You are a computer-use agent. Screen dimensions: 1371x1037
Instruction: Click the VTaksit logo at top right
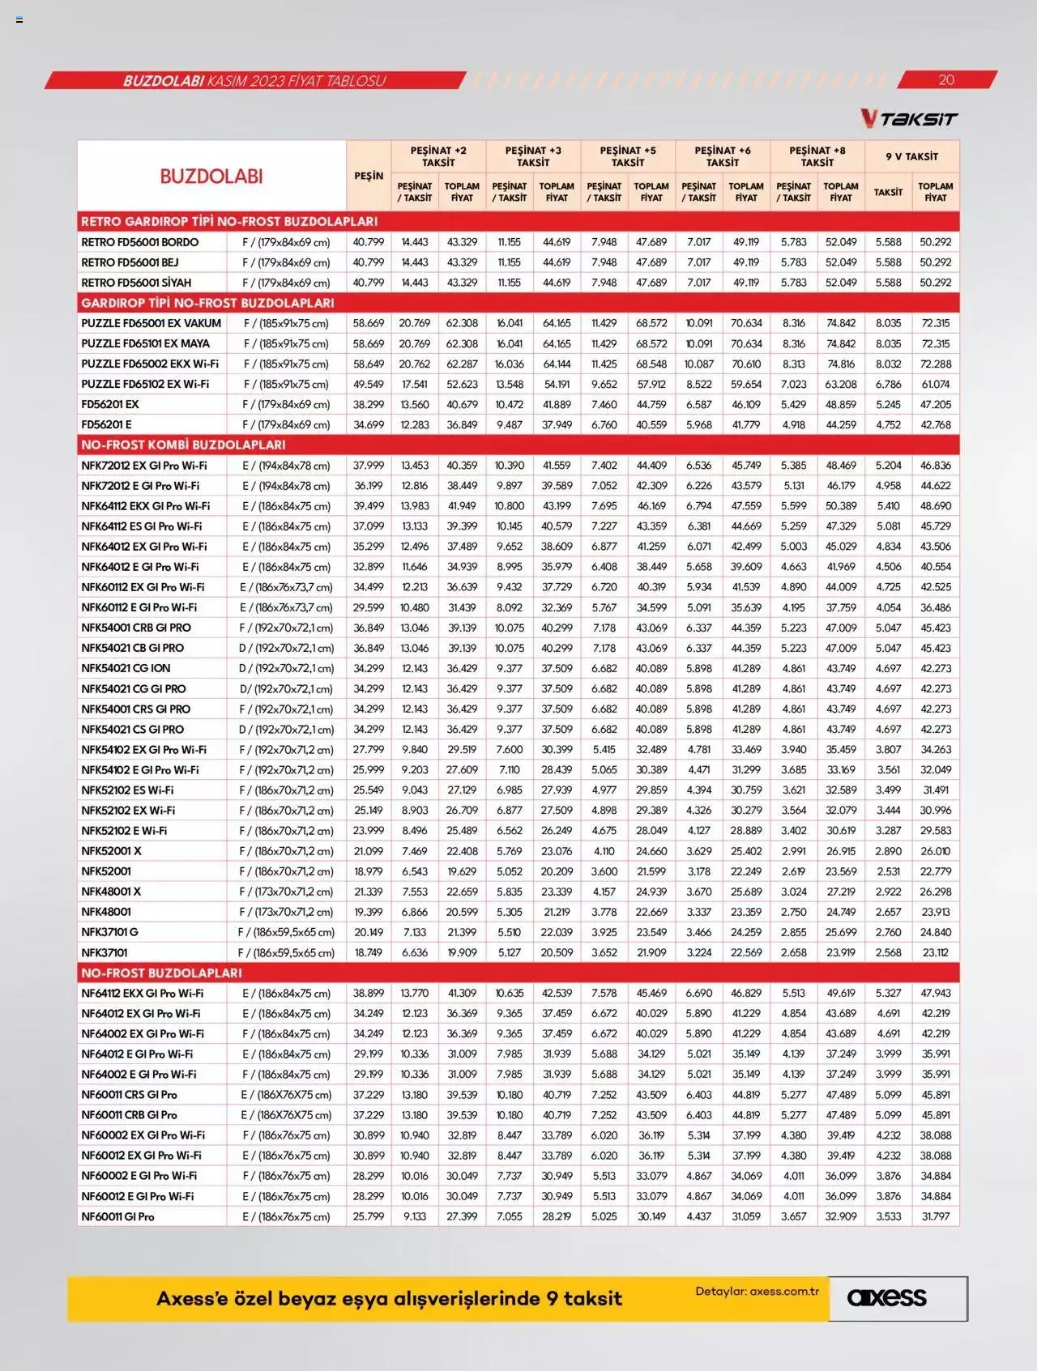[x=908, y=119]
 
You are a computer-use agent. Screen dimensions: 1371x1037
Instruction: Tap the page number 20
[x=945, y=79]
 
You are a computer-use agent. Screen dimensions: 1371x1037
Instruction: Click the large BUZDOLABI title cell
[x=211, y=176]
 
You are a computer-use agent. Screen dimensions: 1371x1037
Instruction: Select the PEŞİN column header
[x=369, y=176]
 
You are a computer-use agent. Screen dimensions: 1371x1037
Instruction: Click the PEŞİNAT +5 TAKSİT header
[x=628, y=156]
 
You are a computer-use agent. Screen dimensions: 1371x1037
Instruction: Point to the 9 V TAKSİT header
[x=911, y=156]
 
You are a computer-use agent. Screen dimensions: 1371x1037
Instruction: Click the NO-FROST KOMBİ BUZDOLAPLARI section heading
[x=183, y=445]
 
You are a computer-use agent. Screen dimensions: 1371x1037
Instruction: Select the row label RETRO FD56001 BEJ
[x=130, y=262]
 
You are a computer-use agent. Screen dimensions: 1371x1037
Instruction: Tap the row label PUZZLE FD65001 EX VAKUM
[x=151, y=323]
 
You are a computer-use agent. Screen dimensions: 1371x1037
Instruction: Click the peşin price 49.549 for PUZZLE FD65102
[x=369, y=384]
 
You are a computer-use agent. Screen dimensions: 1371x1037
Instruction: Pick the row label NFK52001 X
[x=111, y=851]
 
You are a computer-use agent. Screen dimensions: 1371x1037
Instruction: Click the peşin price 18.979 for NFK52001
[x=369, y=871]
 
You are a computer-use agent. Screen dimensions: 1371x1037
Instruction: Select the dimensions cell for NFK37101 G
[x=286, y=932]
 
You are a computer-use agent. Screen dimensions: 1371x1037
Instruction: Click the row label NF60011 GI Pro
[x=117, y=1216]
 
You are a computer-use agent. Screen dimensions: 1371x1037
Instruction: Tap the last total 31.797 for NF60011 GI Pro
[x=936, y=1216]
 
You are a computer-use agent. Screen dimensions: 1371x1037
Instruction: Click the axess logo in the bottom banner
[x=886, y=1297]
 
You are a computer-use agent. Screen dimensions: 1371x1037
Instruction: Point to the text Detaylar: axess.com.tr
[x=757, y=1291]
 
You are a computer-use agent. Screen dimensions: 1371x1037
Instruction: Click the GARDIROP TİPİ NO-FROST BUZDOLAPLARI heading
[x=207, y=303]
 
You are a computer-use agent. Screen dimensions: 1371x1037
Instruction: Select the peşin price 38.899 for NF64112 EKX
[x=369, y=993]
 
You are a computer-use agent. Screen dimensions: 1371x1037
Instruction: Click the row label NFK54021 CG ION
[x=126, y=668]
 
